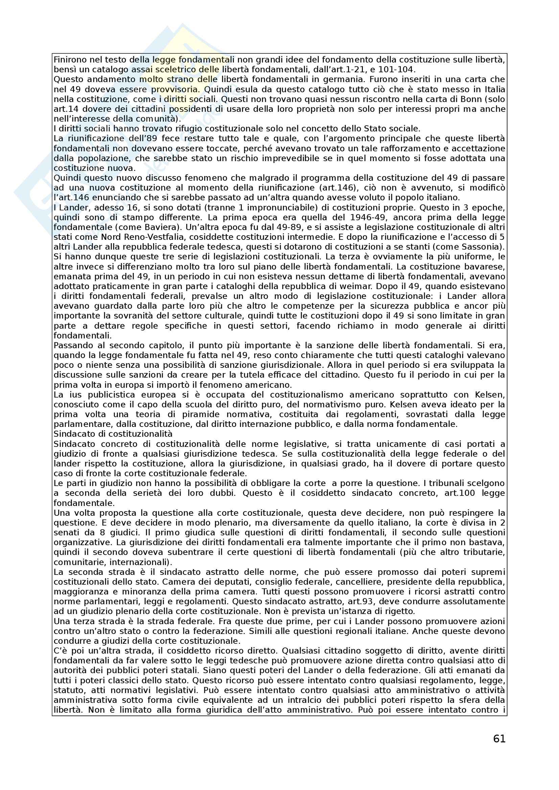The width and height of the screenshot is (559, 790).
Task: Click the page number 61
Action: pos(499,739)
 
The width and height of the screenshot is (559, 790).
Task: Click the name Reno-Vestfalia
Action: pos(146,237)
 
